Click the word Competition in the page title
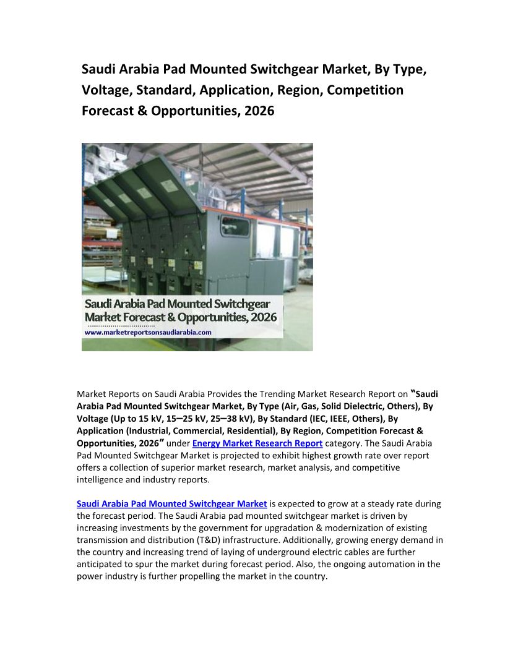click(x=365, y=90)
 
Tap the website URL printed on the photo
click(x=148, y=332)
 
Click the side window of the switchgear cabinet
click(x=235, y=227)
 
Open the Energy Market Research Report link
click(x=257, y=443)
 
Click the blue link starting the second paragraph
click(x=171, y=504)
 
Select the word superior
click(x=186, y=467)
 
